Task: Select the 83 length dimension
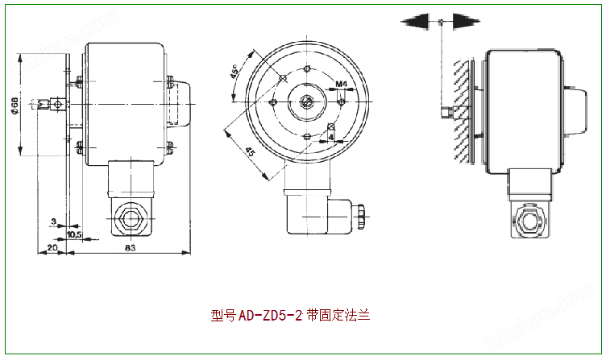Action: click(130, 247)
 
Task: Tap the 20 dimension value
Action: click(52, 247)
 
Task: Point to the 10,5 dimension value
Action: click(74, 234)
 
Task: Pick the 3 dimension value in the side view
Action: click(52, 220)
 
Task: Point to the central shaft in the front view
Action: click(308, 102)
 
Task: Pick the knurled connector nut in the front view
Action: click(359, 213)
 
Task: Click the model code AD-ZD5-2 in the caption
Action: click(270, 317)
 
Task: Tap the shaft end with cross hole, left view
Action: click(56, 103)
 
